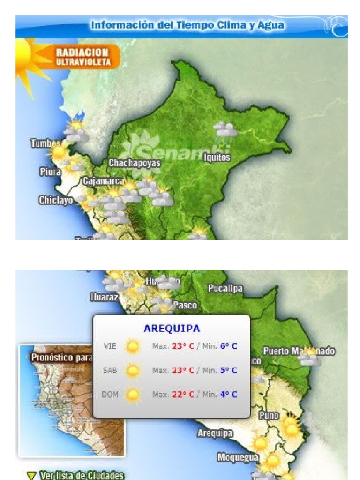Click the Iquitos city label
(x=217, y=157)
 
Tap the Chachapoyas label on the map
(x=135, y=163)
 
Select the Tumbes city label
(x=45, y=143)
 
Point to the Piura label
(x=50, y=172)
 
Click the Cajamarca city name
(x=104, y=181)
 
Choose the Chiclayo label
(x=56, y=201)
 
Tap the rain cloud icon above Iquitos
(x=225, y=129)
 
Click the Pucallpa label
(x=225, y=289)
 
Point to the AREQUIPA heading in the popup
(x=172, y=328)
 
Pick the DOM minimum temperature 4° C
(x=228, y=394)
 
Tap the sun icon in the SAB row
(x=133, y=370)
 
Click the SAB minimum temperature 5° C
(x=228, y=370)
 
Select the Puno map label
(x=269, y=415)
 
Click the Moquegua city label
(x=238, y=457)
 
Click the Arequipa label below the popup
(x=215, y=434)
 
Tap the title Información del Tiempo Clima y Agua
(x=187, y=25)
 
